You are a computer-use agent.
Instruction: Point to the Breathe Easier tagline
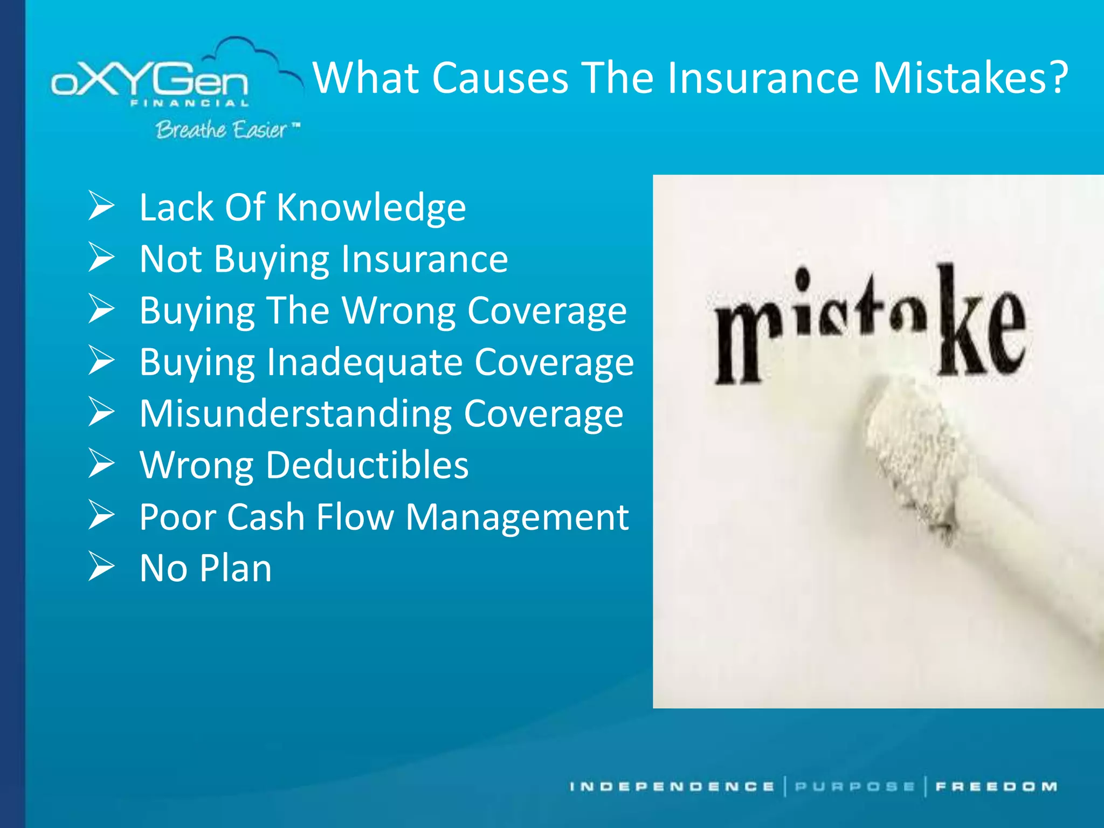pos(221,130)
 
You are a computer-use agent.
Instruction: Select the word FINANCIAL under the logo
pos(189,103)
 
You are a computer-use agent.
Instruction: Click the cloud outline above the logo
pos(248,51)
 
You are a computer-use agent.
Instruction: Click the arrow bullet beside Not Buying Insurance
pos(101,257)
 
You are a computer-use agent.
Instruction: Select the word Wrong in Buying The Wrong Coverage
pos(399,310)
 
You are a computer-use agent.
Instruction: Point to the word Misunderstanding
pos(295,413)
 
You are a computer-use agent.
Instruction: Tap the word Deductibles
pos(367,465)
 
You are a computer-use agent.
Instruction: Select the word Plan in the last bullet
pos(236,568)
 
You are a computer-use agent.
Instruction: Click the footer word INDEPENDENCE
pos(672,786)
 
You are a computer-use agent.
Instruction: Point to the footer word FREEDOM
pos(996,786)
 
